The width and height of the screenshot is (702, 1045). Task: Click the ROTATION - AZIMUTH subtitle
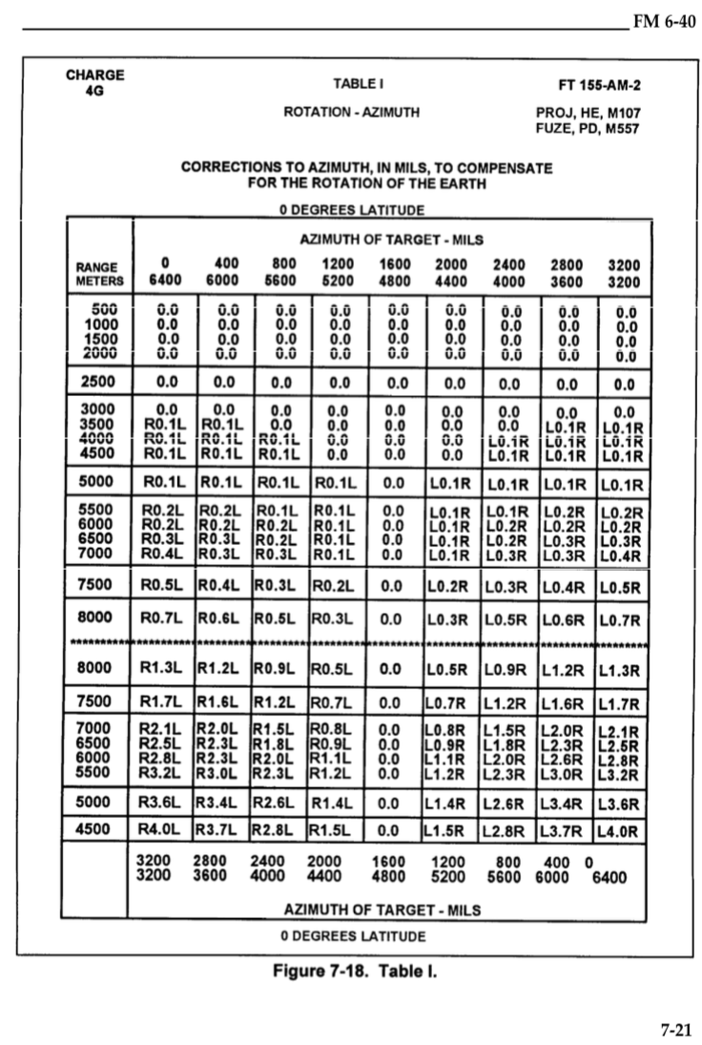pyautogui.click(x=351, y=113)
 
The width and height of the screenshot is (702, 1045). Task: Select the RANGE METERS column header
pyautogui.click(x=100, y=274)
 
